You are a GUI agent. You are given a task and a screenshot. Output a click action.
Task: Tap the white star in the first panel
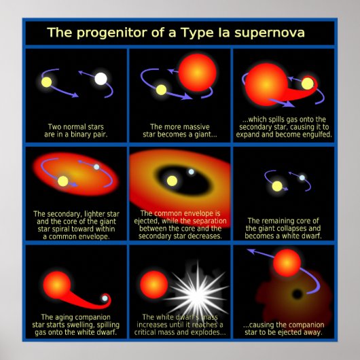(101, 79)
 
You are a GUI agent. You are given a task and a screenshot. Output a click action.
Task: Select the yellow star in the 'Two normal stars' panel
(46, 82)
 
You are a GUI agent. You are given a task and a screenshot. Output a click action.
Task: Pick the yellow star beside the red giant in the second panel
(162, 90)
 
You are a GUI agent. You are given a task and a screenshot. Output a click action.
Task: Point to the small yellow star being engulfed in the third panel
(307, 84)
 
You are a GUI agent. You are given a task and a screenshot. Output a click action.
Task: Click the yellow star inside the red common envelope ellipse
(63, 181)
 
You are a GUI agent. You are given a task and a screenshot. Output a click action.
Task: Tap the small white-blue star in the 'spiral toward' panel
(96, 167)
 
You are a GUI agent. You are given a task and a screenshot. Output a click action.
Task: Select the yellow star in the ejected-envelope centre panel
(172, 181)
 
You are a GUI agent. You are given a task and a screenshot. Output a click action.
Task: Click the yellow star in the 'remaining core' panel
(277, 185)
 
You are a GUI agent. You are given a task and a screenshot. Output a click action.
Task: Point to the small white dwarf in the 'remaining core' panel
(302, 178)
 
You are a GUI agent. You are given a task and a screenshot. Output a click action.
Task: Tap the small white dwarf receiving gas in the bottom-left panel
(104, 298)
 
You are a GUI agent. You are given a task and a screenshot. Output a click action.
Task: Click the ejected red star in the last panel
(287, 262)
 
